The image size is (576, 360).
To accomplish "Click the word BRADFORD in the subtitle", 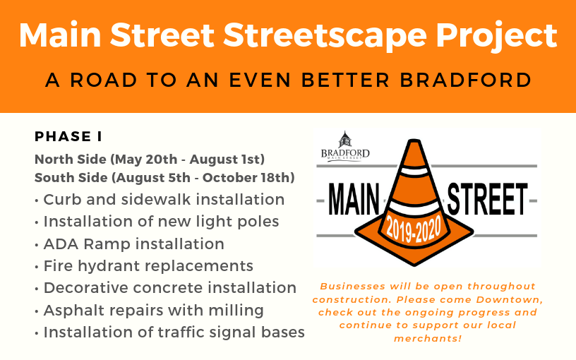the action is pyautogui.click(x=466, y=80).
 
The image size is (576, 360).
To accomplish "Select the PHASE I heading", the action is pyautogui.click(x=68, y=136).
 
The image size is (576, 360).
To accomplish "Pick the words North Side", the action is pyautogui.click(x=70, y=160).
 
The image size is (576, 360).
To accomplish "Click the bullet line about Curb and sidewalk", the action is pyautogui.click(x=160, y=200).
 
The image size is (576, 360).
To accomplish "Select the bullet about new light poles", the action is pyautogui.click(x=157, y=222).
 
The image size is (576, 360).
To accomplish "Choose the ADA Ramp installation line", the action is pyautogui.click(x=130, y=244).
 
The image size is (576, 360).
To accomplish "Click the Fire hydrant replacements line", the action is pyautogui.click(x=144, y=266).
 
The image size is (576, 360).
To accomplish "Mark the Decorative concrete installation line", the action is pyautogui.click(x=166, y=288).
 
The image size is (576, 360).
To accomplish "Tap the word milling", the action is pyautogui.click(x=236, y=311).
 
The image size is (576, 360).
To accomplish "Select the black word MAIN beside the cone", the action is pyautogui.click(x=354, y=200).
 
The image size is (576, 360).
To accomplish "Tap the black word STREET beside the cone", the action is pyautogui.click(x=487, y=200).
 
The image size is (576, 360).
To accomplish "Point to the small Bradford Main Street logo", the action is pyautogui.click(x=345, y=146).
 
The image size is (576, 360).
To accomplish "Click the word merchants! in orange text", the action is pyautogui.click(x=428, y=338).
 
